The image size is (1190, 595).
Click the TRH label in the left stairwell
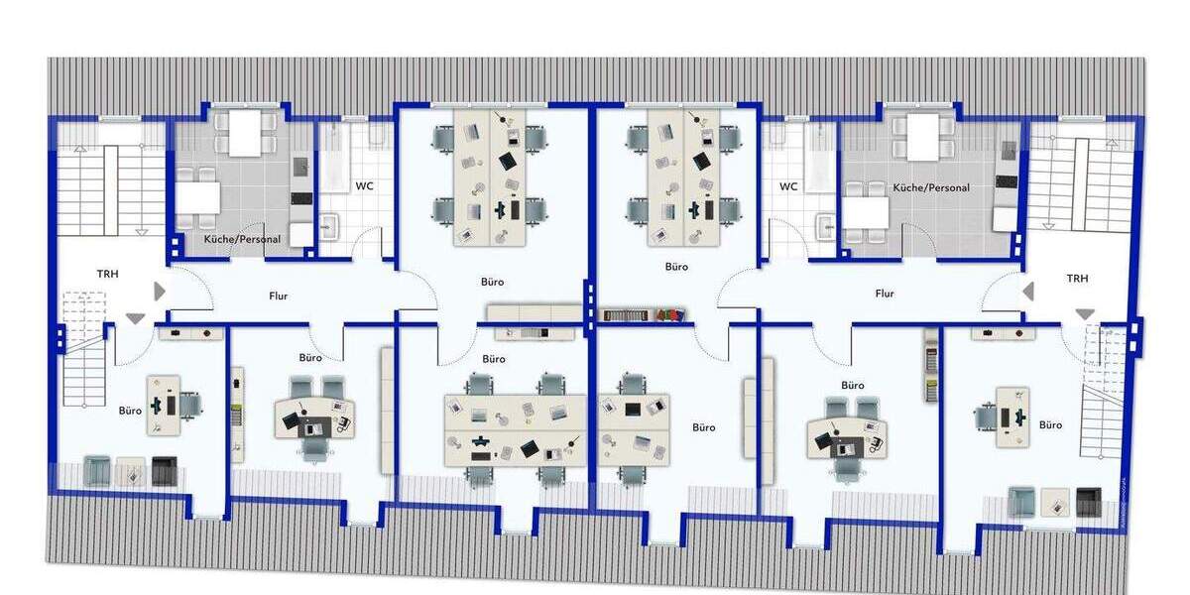(108, 274)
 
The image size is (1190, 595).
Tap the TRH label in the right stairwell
(1077, 279)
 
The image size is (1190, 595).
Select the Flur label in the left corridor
(279, 296)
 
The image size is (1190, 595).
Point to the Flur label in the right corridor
(885, 294)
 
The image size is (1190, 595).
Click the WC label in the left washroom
(364, 185)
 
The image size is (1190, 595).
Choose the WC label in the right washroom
(788, 185)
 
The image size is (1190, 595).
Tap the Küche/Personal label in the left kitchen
(242, 239)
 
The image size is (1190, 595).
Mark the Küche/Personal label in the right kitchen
(931, 187)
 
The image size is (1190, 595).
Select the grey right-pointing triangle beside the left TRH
(160, 292)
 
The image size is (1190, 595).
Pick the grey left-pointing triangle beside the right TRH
(1028, 292)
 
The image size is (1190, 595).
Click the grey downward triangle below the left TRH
(135, 317)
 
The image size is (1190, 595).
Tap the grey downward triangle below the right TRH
(1085, 313)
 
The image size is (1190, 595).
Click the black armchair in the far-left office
(164, 471)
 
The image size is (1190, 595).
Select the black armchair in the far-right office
(1088, 502)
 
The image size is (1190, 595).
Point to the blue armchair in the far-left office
(97, 470)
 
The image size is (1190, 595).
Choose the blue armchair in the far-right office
(1022, 502)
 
